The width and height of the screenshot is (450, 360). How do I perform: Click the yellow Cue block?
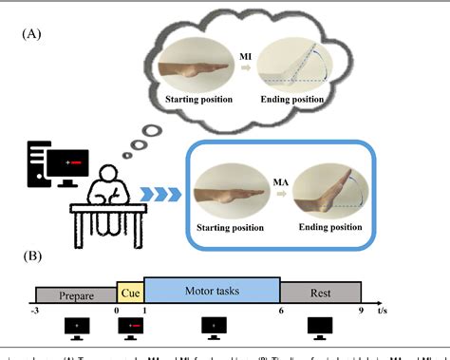[130, 286]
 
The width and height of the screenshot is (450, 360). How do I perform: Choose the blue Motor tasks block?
[211, 285]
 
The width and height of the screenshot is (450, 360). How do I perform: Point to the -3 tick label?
[34, 309]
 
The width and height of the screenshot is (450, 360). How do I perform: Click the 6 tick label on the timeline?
[281, 309]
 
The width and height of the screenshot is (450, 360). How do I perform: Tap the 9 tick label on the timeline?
[362, 309]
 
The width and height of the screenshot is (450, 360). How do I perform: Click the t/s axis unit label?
[383, 309]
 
